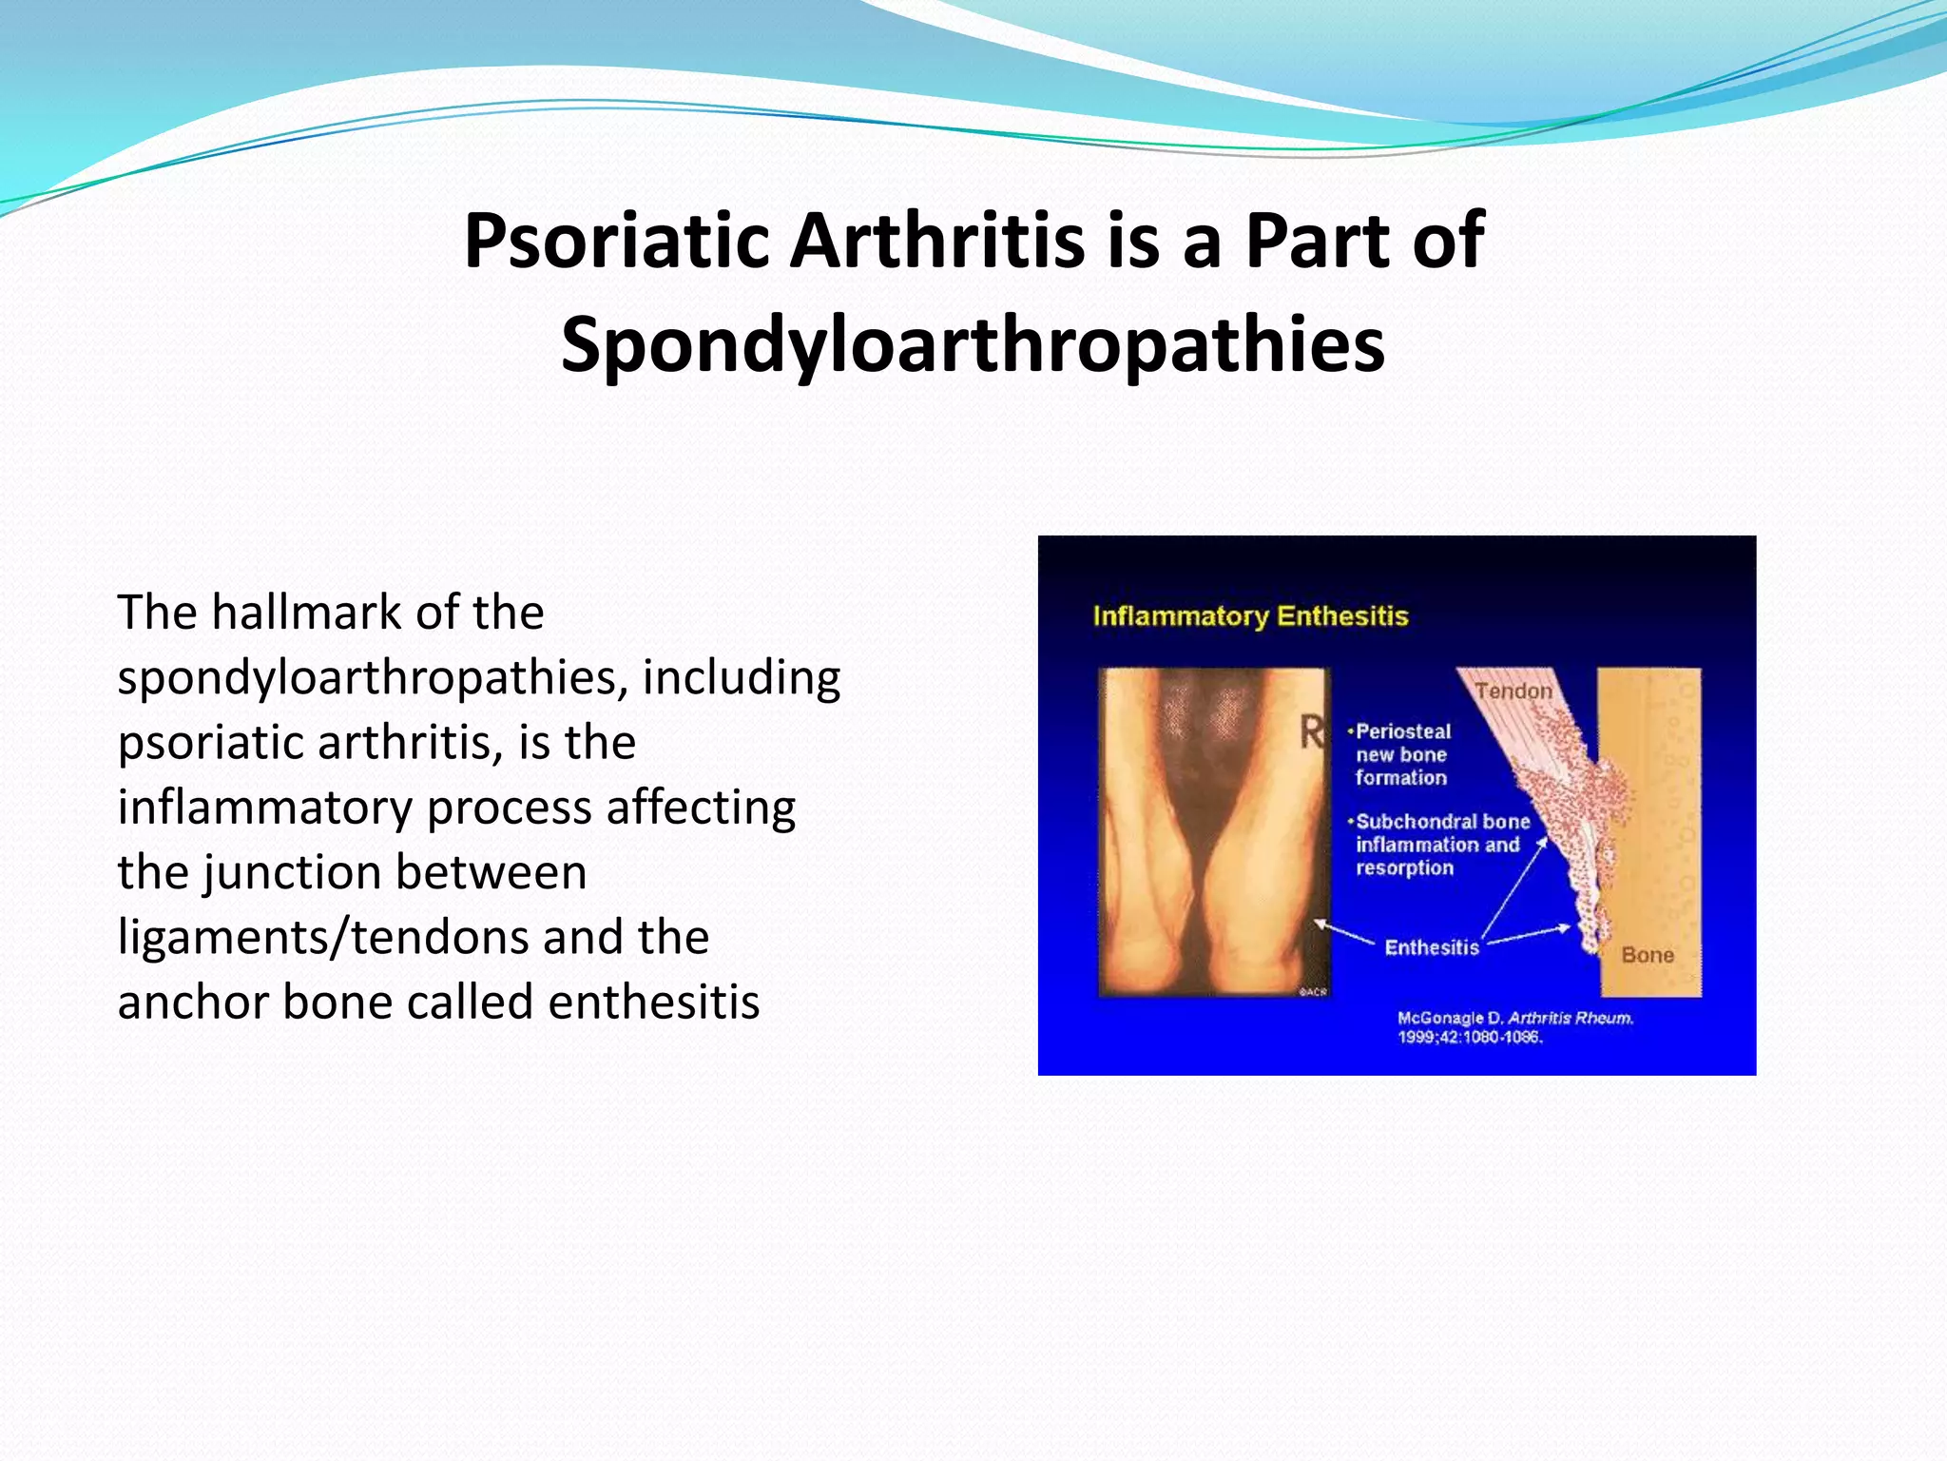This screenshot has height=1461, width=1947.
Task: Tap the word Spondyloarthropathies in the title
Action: [x=973, y=345]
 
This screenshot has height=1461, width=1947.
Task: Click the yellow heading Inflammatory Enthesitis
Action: [x=1249, y=616]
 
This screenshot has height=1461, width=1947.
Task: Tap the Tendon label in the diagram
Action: [x=1513, y=692]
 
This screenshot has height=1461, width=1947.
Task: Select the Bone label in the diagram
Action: [x=1647, y=955]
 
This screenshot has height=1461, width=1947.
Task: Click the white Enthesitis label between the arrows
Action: [x=1431, y=947]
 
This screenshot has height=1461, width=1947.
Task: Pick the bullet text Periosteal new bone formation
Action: [x=1402, y=754]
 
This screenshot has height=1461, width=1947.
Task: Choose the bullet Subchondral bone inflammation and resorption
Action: [x=1440, y=845]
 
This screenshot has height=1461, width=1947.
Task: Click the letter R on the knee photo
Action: [x=1311, y=733]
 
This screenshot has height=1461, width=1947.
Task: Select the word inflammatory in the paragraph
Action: [x=263, y=808]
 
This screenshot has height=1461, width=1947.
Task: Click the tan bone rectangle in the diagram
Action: [x=1659, y=808]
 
